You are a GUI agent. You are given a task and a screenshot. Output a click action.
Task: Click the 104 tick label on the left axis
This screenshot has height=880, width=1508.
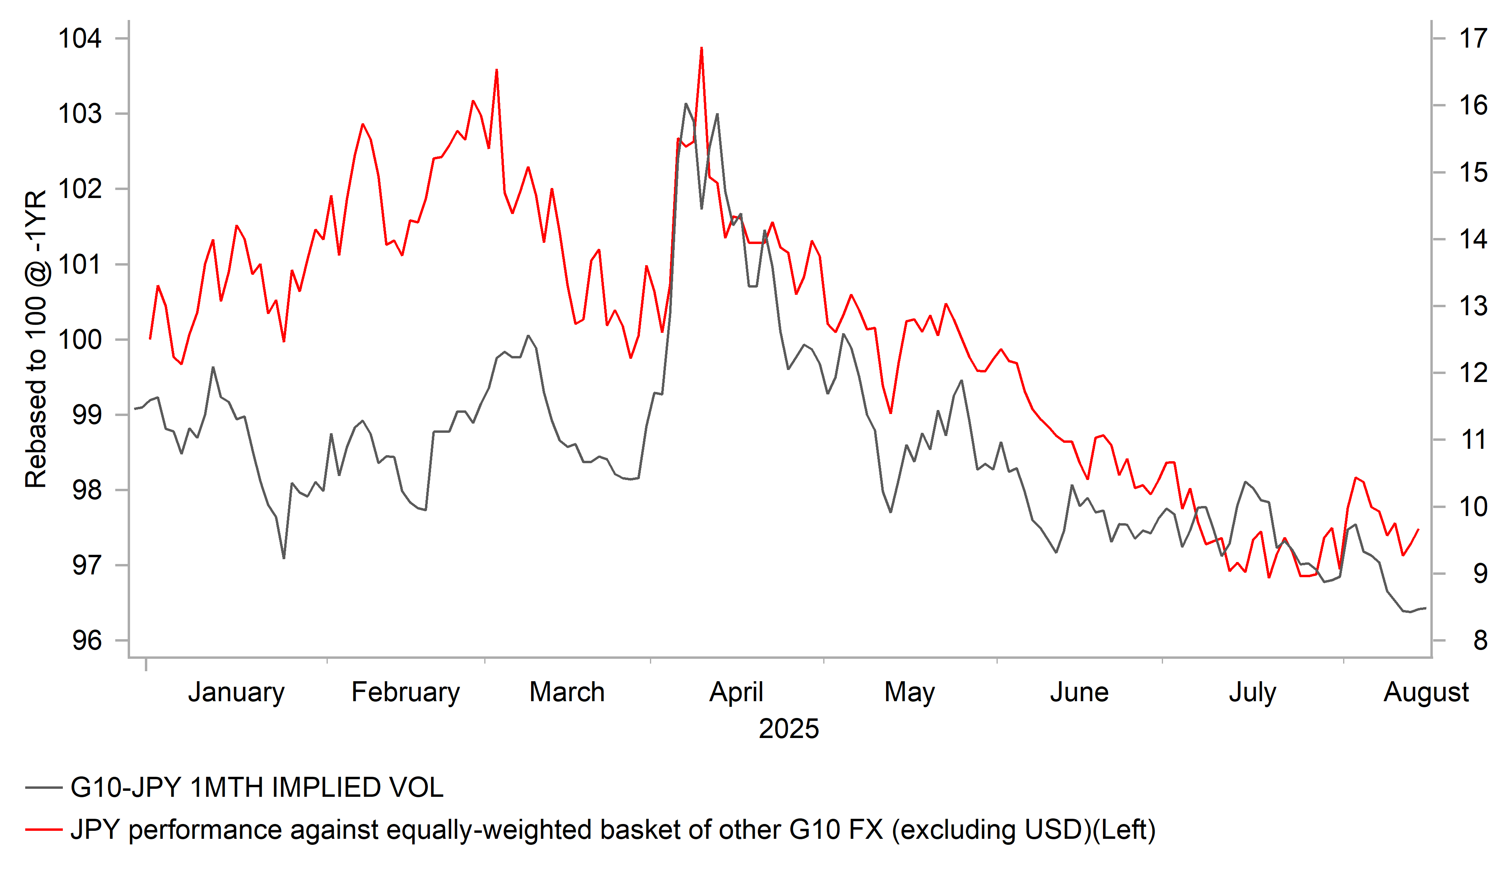coord(80,38)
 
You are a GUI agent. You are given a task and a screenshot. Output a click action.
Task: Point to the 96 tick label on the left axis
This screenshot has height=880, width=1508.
coord(87,641)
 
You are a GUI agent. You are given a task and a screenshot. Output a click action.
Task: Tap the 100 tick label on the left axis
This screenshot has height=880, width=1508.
coord(80,340)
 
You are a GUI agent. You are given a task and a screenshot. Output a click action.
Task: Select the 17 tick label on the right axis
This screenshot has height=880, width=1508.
coord(1473,38)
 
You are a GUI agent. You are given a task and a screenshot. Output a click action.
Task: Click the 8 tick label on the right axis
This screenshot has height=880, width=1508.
coord(1480,641)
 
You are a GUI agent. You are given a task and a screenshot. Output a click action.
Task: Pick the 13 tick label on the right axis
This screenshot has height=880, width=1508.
coord(1473,306)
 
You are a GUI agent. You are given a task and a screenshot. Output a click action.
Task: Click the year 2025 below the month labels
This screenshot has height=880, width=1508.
coord(789,729)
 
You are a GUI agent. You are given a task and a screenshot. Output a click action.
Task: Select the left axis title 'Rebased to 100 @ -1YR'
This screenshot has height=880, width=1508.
coord(36,339)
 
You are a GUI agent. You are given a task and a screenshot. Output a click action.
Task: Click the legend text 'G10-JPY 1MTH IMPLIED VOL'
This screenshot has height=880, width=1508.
coord(257,787)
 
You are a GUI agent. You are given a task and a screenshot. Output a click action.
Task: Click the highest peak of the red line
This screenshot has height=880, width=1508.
coord(701,48)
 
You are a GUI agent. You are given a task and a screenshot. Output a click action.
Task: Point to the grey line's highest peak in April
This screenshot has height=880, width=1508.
coord(686,104)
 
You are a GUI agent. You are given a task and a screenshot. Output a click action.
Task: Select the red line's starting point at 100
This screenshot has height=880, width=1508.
coord(150,339)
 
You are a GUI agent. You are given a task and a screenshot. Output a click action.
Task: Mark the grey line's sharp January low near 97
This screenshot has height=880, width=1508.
coord(284,558)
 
